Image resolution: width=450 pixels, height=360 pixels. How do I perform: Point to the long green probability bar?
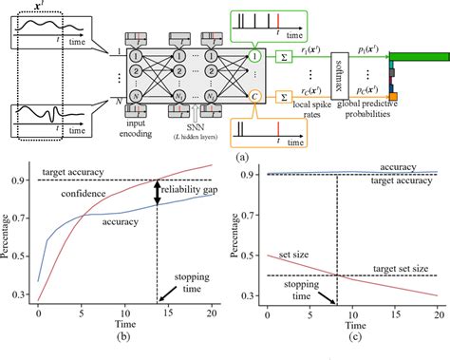pos(419,55)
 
